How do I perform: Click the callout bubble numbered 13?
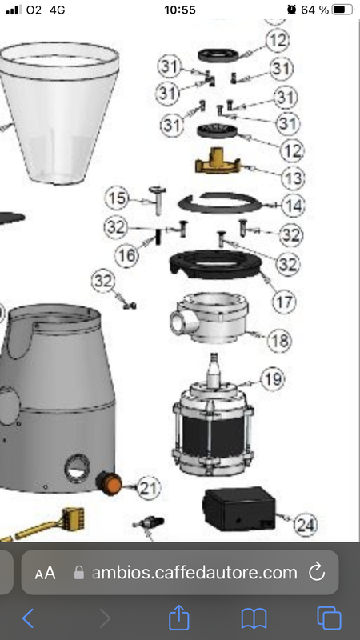pos(293,178)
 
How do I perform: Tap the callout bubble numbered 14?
pos(293,206)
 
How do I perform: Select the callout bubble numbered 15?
pos(118,198)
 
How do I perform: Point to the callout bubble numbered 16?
pos(126,255)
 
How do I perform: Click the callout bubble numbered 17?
pos(285,302)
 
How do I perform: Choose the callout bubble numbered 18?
pos(280,341)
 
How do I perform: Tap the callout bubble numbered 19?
pos(273,378)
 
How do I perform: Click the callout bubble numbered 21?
pos(149,488)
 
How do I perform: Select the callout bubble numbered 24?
pos(306,525)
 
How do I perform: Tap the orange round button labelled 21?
pos(110,483)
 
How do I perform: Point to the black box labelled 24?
pos(238,510)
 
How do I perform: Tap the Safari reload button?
pos(317,573)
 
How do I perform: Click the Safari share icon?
pos(178,618)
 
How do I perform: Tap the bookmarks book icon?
pos(254,618)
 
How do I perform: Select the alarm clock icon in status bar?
pos(291,10)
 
